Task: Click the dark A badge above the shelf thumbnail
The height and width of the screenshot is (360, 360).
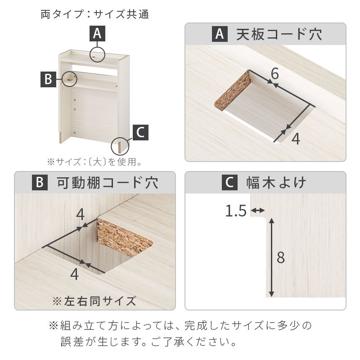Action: [x=97, y=33]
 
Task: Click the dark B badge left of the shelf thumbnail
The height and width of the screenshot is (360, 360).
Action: [x=48, y=79]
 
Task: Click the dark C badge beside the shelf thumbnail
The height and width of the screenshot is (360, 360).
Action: [x=140, y=132]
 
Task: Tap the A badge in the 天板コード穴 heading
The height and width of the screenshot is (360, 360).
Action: [x=220, y=34]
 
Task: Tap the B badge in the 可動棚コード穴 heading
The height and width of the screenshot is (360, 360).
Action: [x=40, y=183]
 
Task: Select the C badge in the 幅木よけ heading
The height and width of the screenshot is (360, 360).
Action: [x=229, y=183]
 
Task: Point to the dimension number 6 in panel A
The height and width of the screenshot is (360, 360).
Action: [x=274, y=74]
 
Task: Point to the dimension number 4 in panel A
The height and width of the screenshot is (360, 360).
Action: [x=296, y=139]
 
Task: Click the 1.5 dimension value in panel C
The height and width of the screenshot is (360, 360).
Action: [x=236, y=211]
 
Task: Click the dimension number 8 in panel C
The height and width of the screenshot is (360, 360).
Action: [x=280, y=257]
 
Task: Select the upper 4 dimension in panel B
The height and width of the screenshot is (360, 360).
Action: [x=80, y=215]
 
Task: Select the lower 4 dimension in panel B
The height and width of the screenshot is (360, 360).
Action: [x=74, y=274]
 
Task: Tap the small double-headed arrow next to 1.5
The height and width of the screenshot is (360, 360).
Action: [x=257, y=210]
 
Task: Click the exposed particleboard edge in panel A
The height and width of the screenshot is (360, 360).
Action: [x=232, y=91]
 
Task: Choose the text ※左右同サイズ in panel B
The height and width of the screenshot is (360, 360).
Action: [x=94, y=301]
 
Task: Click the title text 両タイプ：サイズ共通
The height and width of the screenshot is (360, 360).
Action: [x=95, y=14]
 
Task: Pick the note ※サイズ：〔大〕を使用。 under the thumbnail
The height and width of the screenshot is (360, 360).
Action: [x=94, y=162]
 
